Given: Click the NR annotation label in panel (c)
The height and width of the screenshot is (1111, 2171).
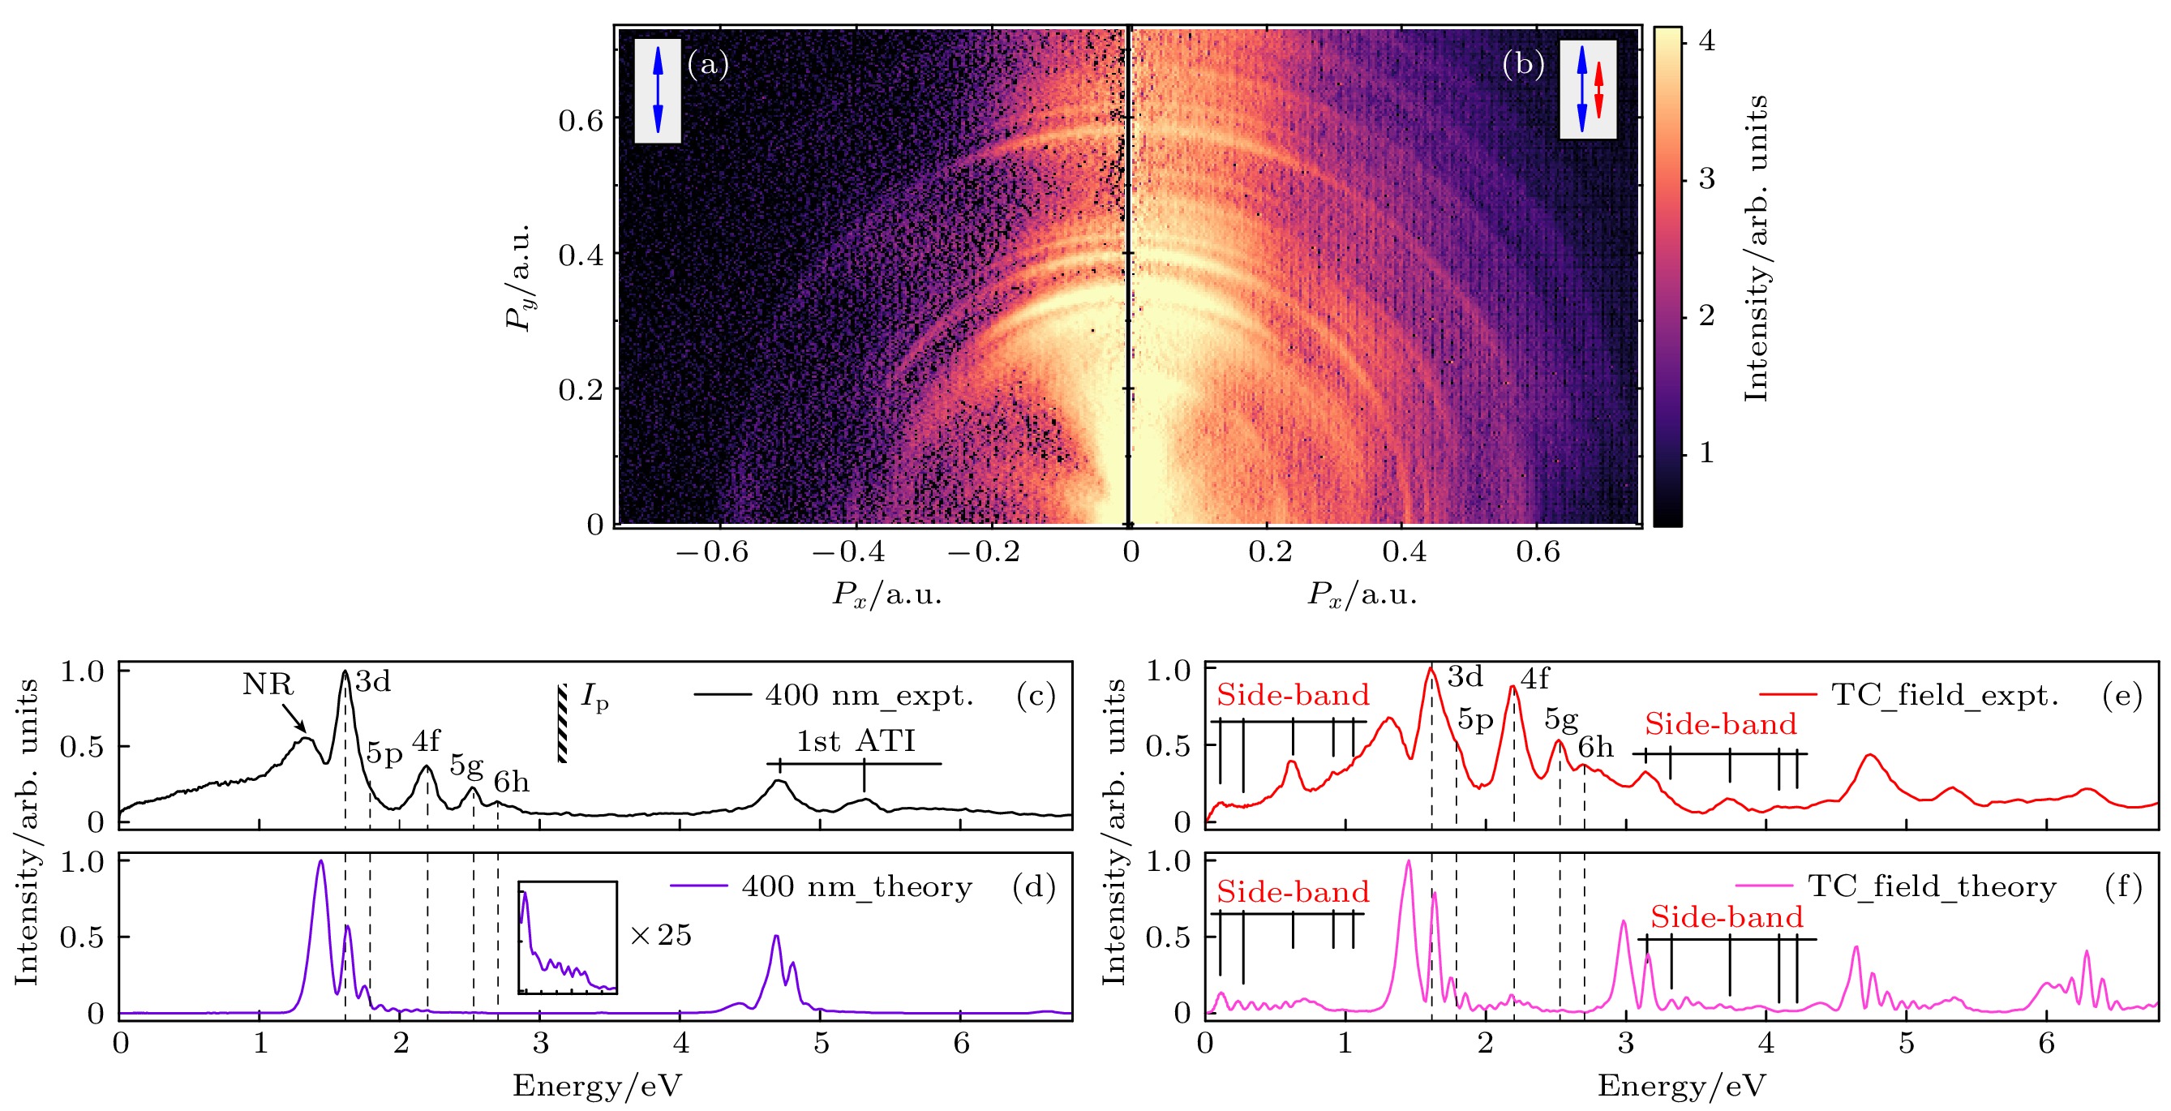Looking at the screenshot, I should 267,684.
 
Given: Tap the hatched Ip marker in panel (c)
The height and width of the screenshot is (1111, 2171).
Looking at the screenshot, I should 562,723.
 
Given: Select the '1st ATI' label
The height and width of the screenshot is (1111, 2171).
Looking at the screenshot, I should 856,741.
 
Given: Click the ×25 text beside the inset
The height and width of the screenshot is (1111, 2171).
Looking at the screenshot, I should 661,935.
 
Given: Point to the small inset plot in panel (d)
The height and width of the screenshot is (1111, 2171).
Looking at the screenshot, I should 567,937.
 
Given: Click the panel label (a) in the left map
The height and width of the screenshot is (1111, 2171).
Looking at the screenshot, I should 708,64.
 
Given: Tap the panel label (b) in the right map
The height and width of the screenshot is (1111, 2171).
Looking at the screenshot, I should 1523,64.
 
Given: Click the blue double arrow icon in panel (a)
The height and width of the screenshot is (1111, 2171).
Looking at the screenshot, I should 659,89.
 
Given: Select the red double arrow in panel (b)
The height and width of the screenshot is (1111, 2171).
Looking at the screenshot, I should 1598,89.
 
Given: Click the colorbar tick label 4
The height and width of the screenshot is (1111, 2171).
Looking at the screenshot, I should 1706,41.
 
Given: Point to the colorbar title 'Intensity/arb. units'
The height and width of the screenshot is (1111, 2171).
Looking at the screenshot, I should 1757,249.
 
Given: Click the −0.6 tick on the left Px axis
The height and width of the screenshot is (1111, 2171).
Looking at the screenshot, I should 712,552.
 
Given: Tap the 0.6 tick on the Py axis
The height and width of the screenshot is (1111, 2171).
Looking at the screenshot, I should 581,121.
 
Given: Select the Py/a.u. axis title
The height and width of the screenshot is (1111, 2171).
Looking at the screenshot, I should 518,278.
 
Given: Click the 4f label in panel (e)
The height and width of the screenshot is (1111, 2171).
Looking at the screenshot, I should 1534,679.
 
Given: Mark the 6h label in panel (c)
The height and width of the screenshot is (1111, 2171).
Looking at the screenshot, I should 512,783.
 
